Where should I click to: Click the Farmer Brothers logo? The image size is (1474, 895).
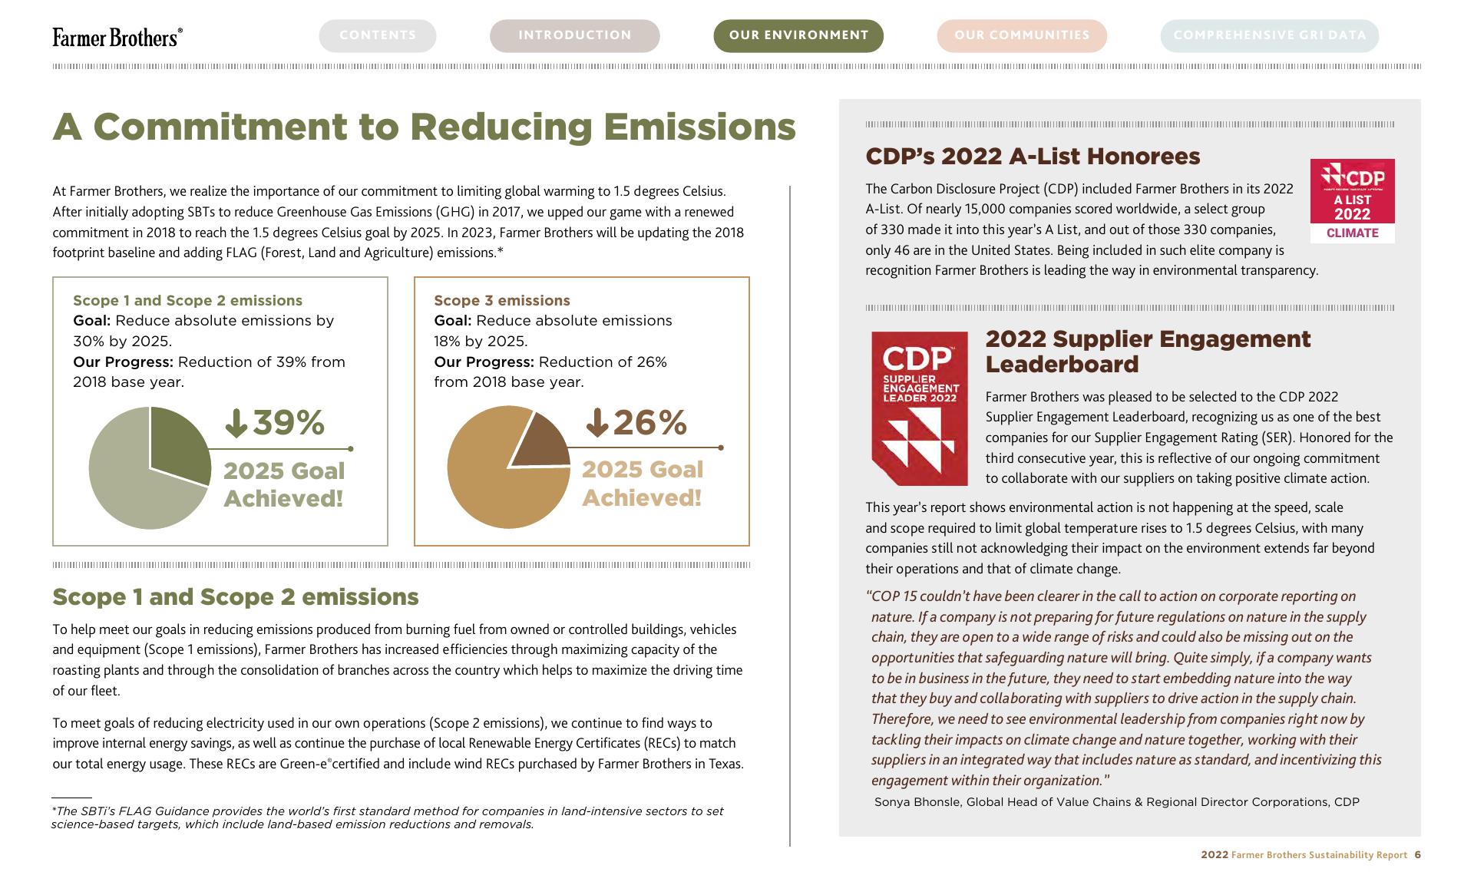point(117,37)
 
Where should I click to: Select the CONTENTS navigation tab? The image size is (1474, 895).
point(378,35)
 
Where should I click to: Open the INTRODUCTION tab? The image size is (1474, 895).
point(574,35)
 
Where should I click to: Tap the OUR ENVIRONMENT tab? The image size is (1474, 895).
point(798,35)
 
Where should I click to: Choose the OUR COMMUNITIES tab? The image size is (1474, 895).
point(1022,35)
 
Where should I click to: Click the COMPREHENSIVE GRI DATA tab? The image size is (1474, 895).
point(1269,35)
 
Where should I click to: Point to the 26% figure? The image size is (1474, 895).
point(649,423)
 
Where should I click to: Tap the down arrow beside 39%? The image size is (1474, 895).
point(236,423)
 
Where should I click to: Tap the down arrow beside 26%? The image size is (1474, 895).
point(597,422)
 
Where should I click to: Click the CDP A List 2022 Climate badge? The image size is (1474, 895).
point(1352,201)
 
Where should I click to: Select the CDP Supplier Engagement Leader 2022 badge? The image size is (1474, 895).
point(919,408)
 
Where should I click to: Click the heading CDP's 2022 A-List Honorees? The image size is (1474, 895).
point(1033,157)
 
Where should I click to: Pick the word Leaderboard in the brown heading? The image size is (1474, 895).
point(1062,365)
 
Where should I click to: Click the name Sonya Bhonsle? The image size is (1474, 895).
point(918,802)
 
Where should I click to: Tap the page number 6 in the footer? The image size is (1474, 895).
point(1418,855)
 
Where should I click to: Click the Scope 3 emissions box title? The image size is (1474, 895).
point(502,301)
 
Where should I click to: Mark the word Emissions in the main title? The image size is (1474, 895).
point(699,127)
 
